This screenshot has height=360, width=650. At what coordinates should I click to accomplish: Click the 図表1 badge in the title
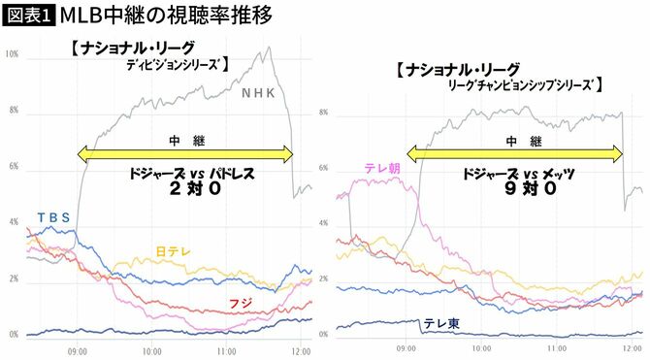(28, 16)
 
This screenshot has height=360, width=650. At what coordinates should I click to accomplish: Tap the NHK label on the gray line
(258, 94)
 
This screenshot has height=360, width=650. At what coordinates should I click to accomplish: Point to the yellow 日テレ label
(174, 251)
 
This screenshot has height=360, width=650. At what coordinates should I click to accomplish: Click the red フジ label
(240, 304)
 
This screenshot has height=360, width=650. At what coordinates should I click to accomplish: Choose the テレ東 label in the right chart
(440, 323)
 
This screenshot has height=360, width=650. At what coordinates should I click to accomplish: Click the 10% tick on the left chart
(12, 54)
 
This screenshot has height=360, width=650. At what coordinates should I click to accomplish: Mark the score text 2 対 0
(183, 192)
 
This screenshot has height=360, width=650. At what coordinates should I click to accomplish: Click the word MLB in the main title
(83, 16)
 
